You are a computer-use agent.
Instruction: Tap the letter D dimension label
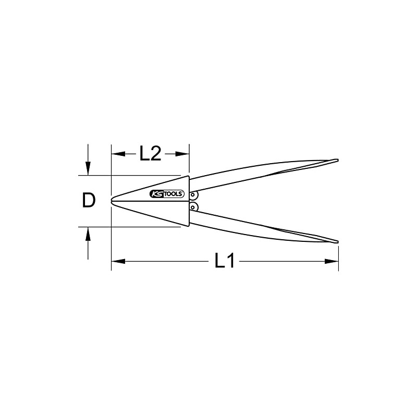89,200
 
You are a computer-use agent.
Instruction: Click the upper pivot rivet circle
194,195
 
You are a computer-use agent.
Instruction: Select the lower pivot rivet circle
194,207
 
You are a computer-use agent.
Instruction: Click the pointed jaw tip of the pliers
113,200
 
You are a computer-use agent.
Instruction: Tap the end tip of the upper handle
337,160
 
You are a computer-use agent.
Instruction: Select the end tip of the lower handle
337,241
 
